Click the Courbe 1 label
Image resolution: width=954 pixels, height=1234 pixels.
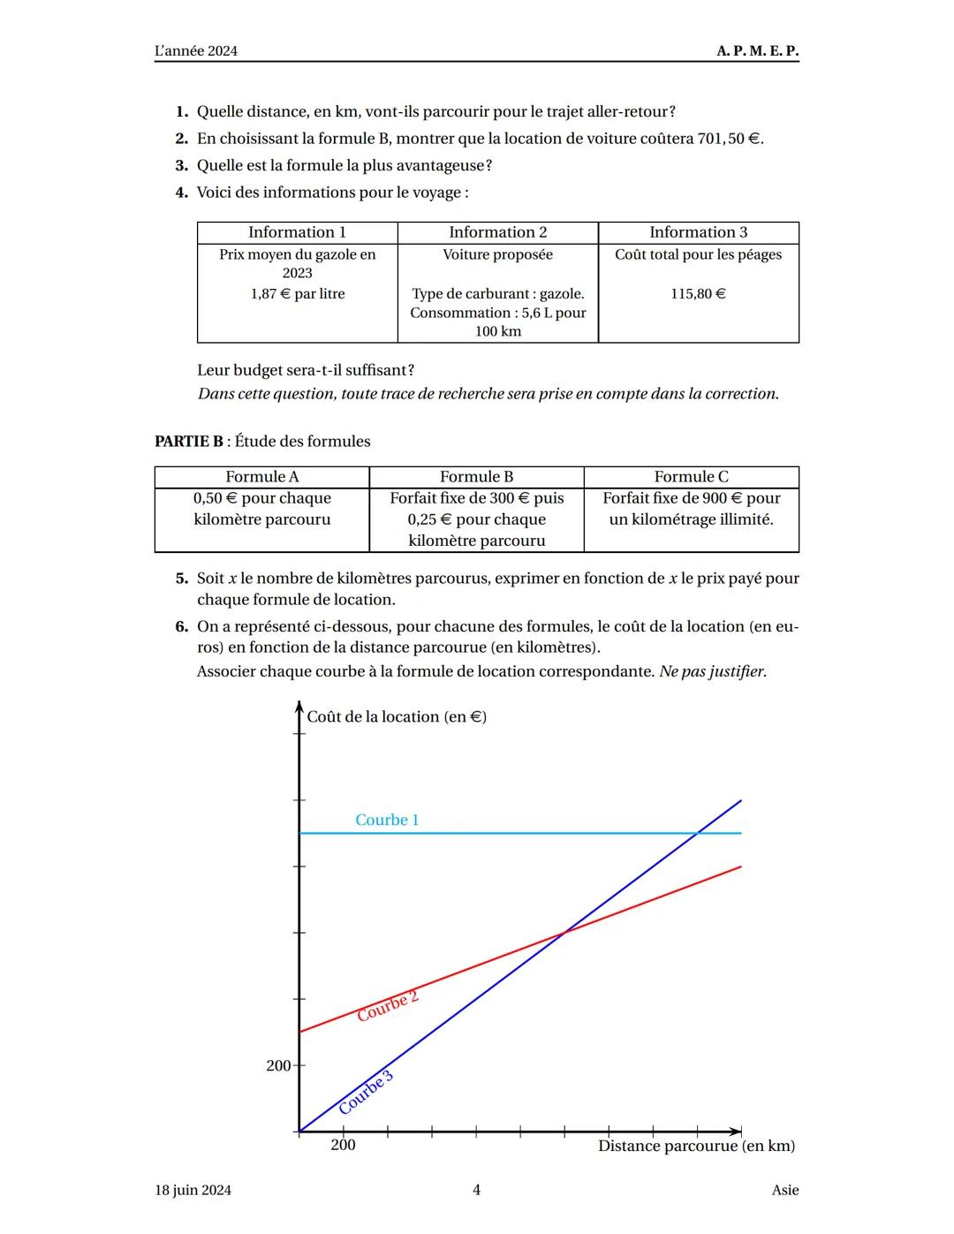387,820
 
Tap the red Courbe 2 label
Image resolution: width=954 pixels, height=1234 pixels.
388,1007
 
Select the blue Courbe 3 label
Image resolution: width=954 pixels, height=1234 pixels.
366,1093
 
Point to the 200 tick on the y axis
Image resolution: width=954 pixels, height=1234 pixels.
279,1065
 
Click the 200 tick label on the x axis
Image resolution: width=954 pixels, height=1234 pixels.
343,1146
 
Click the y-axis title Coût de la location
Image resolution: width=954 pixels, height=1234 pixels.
397,716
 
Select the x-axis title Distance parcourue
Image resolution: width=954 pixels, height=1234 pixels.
696,1146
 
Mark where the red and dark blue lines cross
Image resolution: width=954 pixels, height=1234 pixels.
564,932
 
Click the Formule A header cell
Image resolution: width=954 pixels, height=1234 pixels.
262,477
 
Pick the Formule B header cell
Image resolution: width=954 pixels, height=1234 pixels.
476,477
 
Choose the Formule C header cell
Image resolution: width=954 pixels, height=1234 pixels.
691,477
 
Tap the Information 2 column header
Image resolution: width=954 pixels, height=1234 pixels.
497,232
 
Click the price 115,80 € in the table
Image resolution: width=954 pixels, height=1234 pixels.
698,293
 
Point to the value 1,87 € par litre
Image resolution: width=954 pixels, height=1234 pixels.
298,293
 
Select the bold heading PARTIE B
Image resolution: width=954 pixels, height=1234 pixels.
189,441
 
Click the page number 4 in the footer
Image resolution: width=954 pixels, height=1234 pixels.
476,1190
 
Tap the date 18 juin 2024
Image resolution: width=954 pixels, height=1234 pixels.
193,1190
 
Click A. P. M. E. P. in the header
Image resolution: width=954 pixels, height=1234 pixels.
757,50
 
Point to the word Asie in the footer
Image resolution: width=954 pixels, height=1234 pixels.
784,1190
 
